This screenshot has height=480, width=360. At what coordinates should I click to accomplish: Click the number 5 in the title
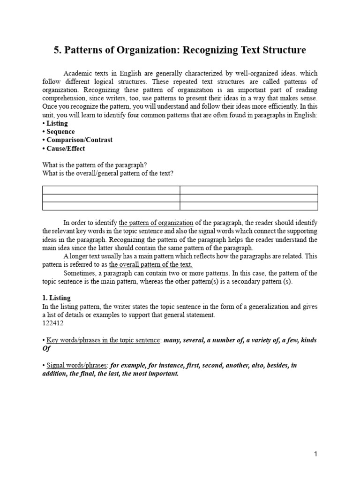tap(57, 49)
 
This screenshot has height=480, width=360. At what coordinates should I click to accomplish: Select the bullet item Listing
tap(57, 123)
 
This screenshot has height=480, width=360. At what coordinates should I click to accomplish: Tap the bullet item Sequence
tap(60, 132)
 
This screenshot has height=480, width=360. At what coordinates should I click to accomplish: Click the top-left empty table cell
tap(111, 190)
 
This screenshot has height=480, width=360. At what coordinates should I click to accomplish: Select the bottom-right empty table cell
tap(249, 206)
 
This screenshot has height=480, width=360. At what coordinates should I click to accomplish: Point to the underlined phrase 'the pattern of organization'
tap(156, 223)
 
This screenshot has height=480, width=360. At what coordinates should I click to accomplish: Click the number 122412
tap(52, 323)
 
